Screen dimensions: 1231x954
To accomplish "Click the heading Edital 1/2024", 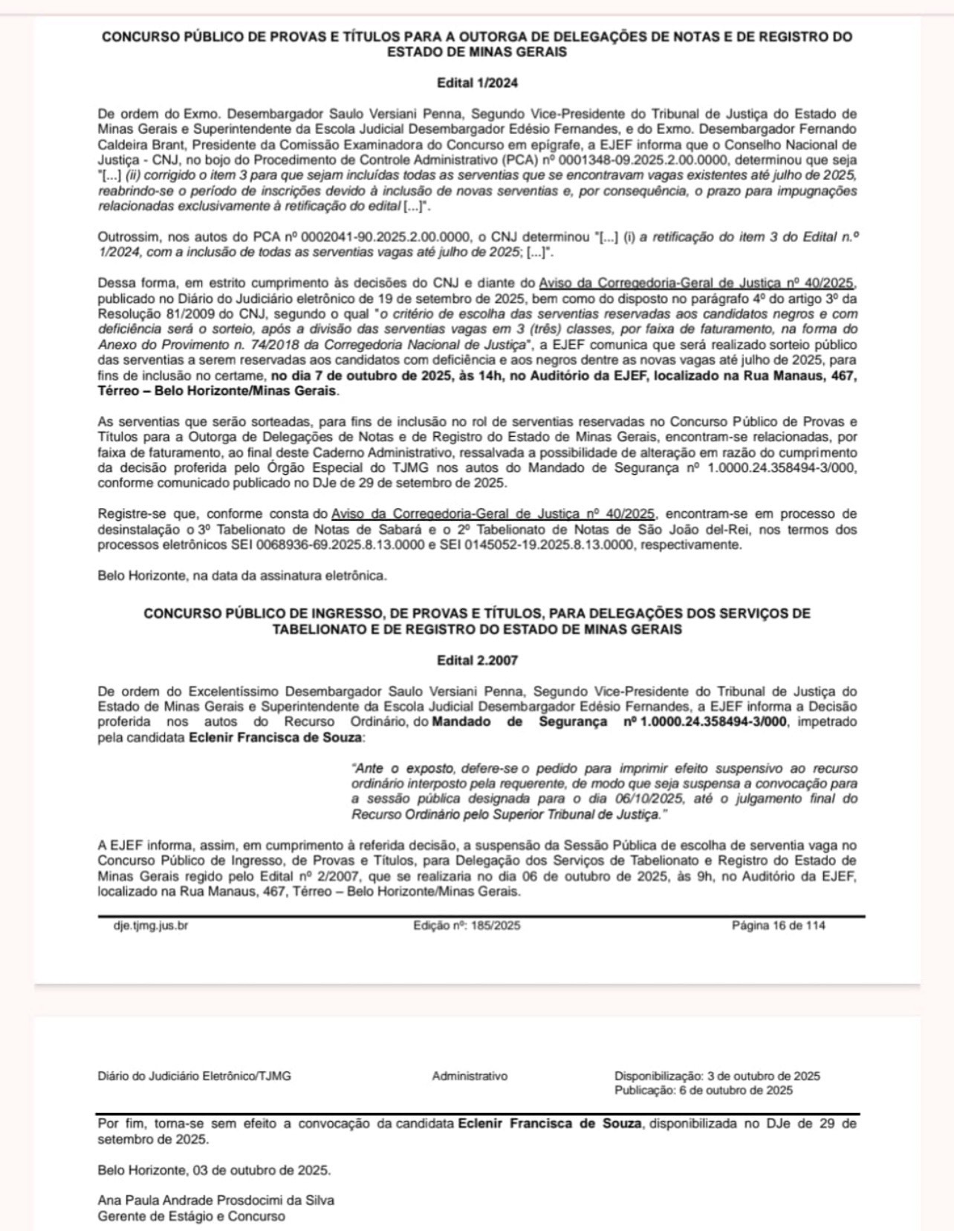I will tap(477, 83).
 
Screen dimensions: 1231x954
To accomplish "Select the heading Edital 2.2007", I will tap(477, 660).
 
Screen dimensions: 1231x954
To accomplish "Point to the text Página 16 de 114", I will tap(778, 926).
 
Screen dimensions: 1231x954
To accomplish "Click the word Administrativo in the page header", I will tap(470, 1076).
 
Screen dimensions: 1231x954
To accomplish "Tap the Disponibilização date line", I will tap(717, 1076).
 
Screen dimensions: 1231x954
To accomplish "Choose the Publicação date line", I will tap(703, 1091).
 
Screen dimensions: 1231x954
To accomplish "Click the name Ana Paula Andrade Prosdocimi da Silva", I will tap(216, 1200).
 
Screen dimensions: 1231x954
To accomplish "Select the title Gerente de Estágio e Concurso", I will tap(191, 1216).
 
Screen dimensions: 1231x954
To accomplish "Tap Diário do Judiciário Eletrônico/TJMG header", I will tap(194, 1076).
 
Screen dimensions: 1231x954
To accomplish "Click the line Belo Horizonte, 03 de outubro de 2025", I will tap(214, 1170).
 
